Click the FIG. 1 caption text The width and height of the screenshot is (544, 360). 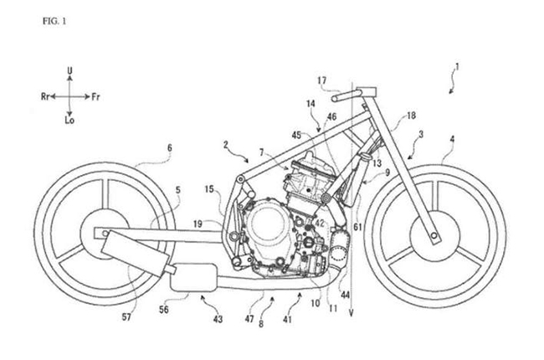tap(54, 21)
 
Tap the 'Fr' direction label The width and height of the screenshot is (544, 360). tap(95, 97)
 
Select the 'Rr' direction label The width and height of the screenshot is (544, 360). tap(45, 97)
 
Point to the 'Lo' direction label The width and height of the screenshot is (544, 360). tap(69, 121)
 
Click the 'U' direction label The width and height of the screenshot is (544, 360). tap(69, 71)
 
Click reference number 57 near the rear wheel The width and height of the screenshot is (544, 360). tap(126, 317)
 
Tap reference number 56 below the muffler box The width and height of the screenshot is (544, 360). tap(163, 309)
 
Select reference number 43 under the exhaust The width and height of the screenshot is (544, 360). tap(218, 319)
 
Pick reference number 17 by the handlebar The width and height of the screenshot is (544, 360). tap(322, 80)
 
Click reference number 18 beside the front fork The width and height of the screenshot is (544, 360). tap(411, 116)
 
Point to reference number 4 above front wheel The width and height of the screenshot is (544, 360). tap(452, 139)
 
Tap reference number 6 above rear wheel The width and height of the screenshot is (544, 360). tap(170, 148)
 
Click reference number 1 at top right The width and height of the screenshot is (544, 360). tap(457, 67)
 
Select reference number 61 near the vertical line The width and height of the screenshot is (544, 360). tap(357, 227)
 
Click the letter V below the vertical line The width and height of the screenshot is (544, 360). tap(352, 313)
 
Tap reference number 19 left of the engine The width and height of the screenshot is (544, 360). tap(198, 224)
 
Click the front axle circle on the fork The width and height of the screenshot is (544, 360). tap(434, 236)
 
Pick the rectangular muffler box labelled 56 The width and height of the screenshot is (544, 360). tap(193, 277)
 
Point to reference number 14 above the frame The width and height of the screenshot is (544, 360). tap(310, 104)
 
